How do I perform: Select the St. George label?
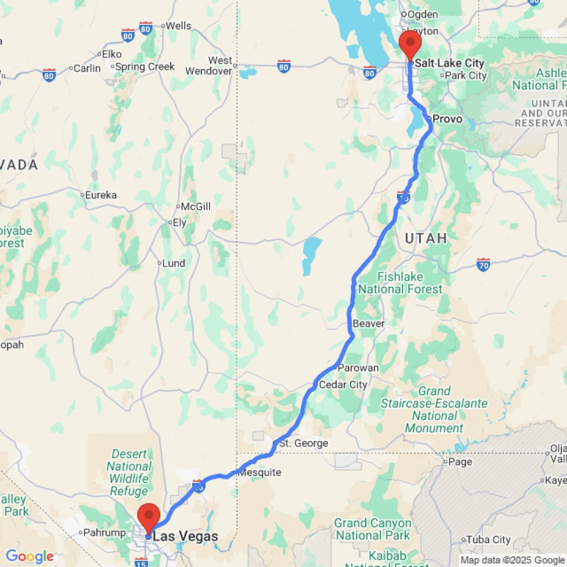pyautogui.click(x=303, y=443)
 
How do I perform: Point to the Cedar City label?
pyautogui.click(x=343, y=384)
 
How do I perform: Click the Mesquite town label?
pyautogui.click(x=260, y=472)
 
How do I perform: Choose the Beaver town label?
pyautogui.click(x=369, y=323)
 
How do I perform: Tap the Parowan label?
pyautogui.click(x=358, y=368)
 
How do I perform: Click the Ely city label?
pyautogui.click(x=179, y=223)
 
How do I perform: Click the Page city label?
pyautogui.click(x=460, y=462)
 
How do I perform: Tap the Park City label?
pyautogui.click(x=466, y=75)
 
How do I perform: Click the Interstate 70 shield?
pyautogui.click(x=483, y=264)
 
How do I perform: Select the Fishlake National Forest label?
pyautogui.click(x=400, y=283)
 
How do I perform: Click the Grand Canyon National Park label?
pyautogui.click(x=373, y=529)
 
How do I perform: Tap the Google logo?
pyautogui.click(x=29, y=557)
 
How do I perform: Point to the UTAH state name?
pyautogui.click(x=426, y=238)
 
